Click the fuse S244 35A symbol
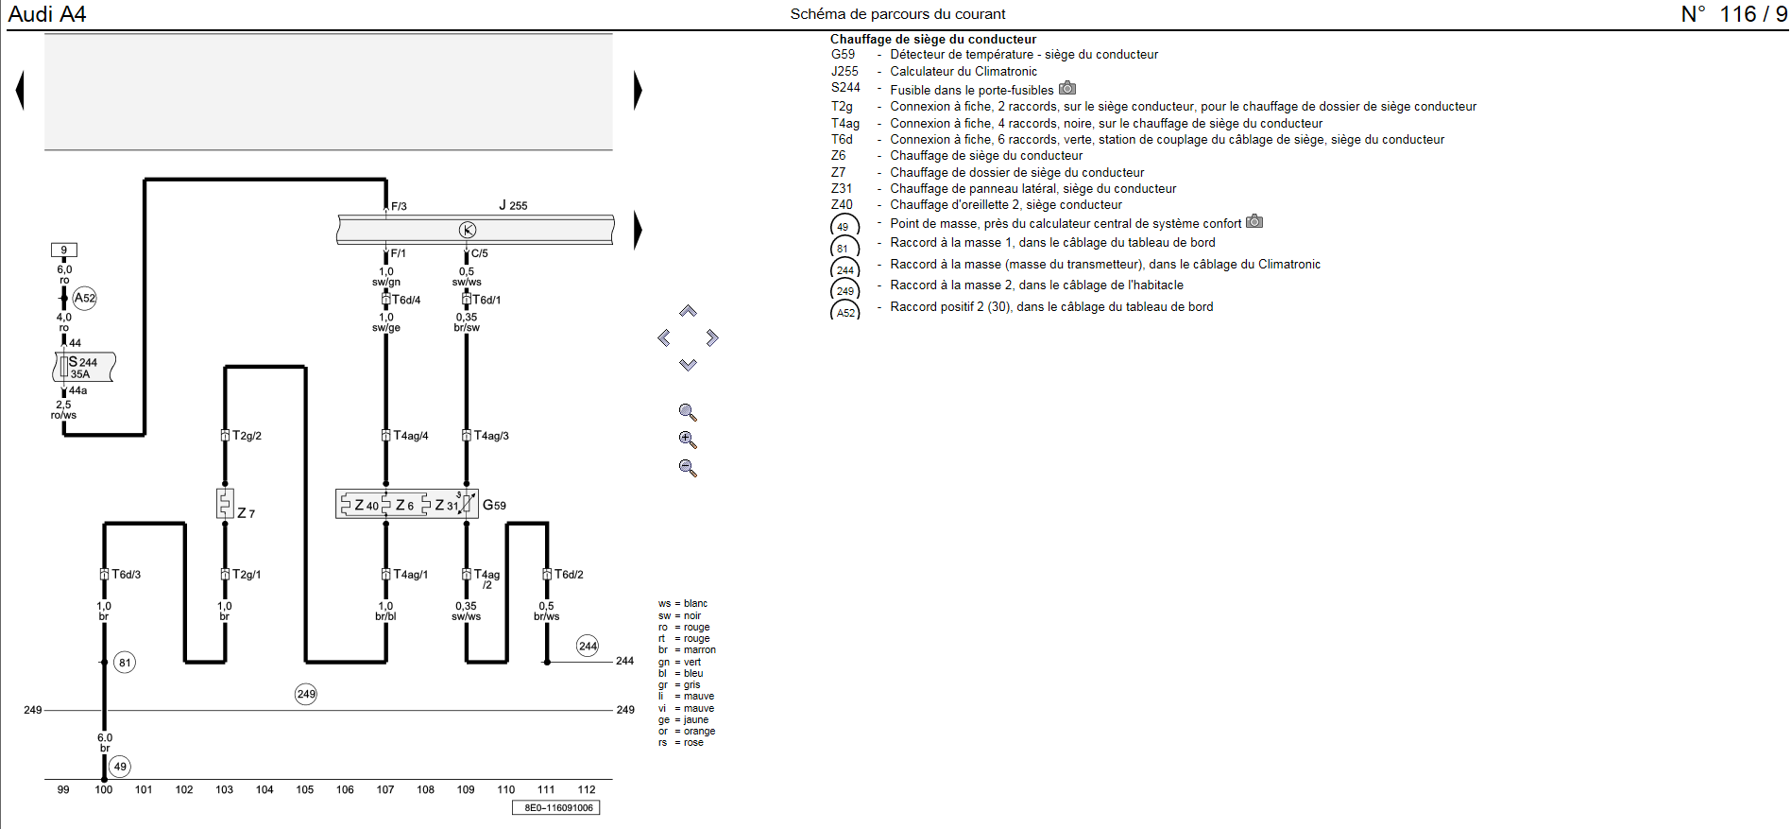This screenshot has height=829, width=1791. pos(83,367)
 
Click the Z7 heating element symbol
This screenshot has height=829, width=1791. pos(225,503)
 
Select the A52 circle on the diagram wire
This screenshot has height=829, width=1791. pos(85,298)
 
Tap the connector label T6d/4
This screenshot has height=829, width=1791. pos(406,300)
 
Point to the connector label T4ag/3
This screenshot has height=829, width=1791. pos(491,436)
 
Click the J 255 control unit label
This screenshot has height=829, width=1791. pos(513,205)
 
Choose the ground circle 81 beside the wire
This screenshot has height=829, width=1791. pos(125,663)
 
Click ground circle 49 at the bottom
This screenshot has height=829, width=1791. pos(120,767)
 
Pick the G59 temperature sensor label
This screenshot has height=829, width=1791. pos(494,505)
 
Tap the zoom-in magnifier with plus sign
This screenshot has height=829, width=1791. pos(688,440)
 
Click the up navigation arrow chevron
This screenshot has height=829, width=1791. pos(688,311)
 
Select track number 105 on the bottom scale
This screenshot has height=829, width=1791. pos(304,789)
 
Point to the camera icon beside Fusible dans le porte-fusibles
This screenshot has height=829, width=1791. pos(1067,88)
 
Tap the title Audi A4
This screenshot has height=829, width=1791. pos(47,14)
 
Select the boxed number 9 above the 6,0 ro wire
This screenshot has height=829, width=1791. pos(64,250)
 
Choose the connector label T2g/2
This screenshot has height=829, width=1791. pos(247,436)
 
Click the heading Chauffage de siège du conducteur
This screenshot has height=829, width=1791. pos(932,39)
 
